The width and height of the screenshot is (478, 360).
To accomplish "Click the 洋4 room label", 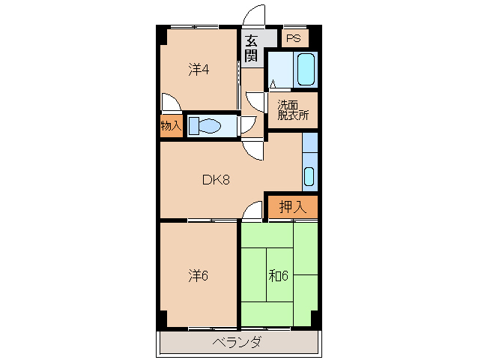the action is [x=199, y=70].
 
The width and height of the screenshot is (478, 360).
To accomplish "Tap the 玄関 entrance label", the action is [x=251, y=48].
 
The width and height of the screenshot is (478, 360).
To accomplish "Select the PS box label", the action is [x=294, y=38].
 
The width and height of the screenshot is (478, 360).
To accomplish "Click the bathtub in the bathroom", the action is [x=306, y=70].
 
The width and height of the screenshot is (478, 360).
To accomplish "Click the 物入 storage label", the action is [x=171, y=125].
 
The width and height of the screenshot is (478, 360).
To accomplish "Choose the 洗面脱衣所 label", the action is [x=293, y=110].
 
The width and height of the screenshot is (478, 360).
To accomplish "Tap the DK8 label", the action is [x=216, y=180].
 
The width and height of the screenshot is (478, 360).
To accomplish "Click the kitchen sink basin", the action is [x=309, y=177].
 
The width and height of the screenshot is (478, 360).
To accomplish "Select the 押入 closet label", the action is [x=293, y=207].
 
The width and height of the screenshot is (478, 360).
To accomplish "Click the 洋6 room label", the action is [x=198, y=276].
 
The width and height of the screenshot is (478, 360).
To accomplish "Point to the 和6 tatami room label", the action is [x=278, y=276].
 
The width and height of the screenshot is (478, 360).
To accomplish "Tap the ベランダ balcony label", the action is [x=237, y=342].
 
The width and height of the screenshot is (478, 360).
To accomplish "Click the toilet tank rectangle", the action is [x=193, y=126].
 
